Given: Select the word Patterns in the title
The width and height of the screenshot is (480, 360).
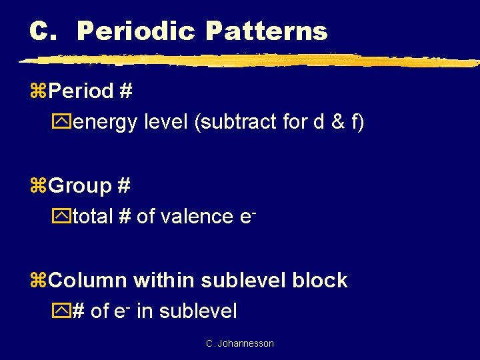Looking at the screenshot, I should (x=267, y=31).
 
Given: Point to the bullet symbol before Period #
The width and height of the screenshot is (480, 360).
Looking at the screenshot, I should (x=37, y=92).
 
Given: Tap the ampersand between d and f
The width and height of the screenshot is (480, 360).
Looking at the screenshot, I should (x=333, y=123).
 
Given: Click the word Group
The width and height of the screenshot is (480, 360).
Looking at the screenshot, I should (x=80, y=186).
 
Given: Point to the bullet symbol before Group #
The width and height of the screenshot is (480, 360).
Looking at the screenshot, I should (x=37, y=187).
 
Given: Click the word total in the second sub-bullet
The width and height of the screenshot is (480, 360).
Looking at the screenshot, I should (x=93, y=217).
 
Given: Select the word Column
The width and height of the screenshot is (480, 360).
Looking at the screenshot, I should (x=88, y=280).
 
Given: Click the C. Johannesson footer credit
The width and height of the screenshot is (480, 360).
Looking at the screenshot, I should (x=240, y=343).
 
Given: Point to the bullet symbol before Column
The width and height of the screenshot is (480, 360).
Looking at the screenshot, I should (x=37, y=281).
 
